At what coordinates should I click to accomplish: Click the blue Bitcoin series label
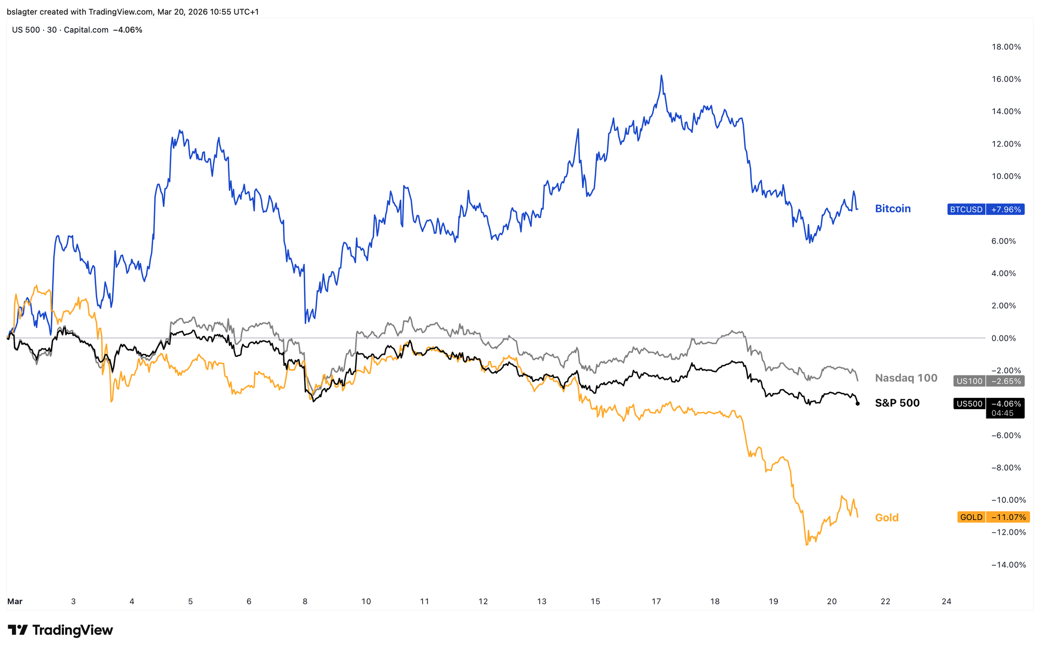point(893,209)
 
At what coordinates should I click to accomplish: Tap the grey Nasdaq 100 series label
point(906,378)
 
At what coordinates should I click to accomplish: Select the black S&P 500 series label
point(897,403)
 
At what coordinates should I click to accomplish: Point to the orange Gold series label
point(887,517)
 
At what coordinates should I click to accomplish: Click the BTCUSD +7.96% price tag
point(985,210)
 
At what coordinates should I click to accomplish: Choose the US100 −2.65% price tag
point(989,381)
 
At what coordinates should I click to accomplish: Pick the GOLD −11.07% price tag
point(992,517)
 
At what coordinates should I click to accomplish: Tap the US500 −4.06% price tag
point(989,404)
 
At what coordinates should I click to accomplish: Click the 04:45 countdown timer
point(1002,413)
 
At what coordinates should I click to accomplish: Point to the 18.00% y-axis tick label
point(1006,47)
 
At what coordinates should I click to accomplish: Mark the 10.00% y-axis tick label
point(1006,176)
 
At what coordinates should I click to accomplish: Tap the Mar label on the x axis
point(15,602)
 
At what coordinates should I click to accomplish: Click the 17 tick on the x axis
point(656,602)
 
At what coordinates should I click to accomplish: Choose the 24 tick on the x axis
point(946,602)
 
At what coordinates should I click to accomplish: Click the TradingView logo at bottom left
point(60,630)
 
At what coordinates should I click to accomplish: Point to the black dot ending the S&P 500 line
point(857,404)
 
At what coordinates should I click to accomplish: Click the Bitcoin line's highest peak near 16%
point(661,75)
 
